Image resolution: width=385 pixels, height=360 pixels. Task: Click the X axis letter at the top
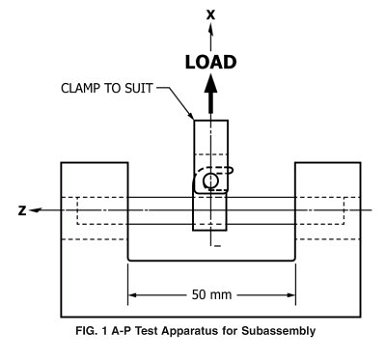(x=210, y=15)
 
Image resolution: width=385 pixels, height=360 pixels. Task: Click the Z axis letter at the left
(x=21, y=211)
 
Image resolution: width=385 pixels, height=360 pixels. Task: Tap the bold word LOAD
(x=210, y=62)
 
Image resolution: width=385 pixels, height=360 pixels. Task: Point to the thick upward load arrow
(x=210, y=100)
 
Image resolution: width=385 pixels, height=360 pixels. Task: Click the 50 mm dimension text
(x=210, y=296)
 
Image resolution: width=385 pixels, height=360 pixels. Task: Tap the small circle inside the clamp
(x=210, y=181)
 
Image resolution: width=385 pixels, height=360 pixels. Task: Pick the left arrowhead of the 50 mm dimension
(x=133, y=296)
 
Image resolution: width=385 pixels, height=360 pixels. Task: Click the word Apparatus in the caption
(x=207, y=329)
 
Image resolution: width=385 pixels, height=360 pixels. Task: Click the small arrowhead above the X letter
(x=210, y=30)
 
